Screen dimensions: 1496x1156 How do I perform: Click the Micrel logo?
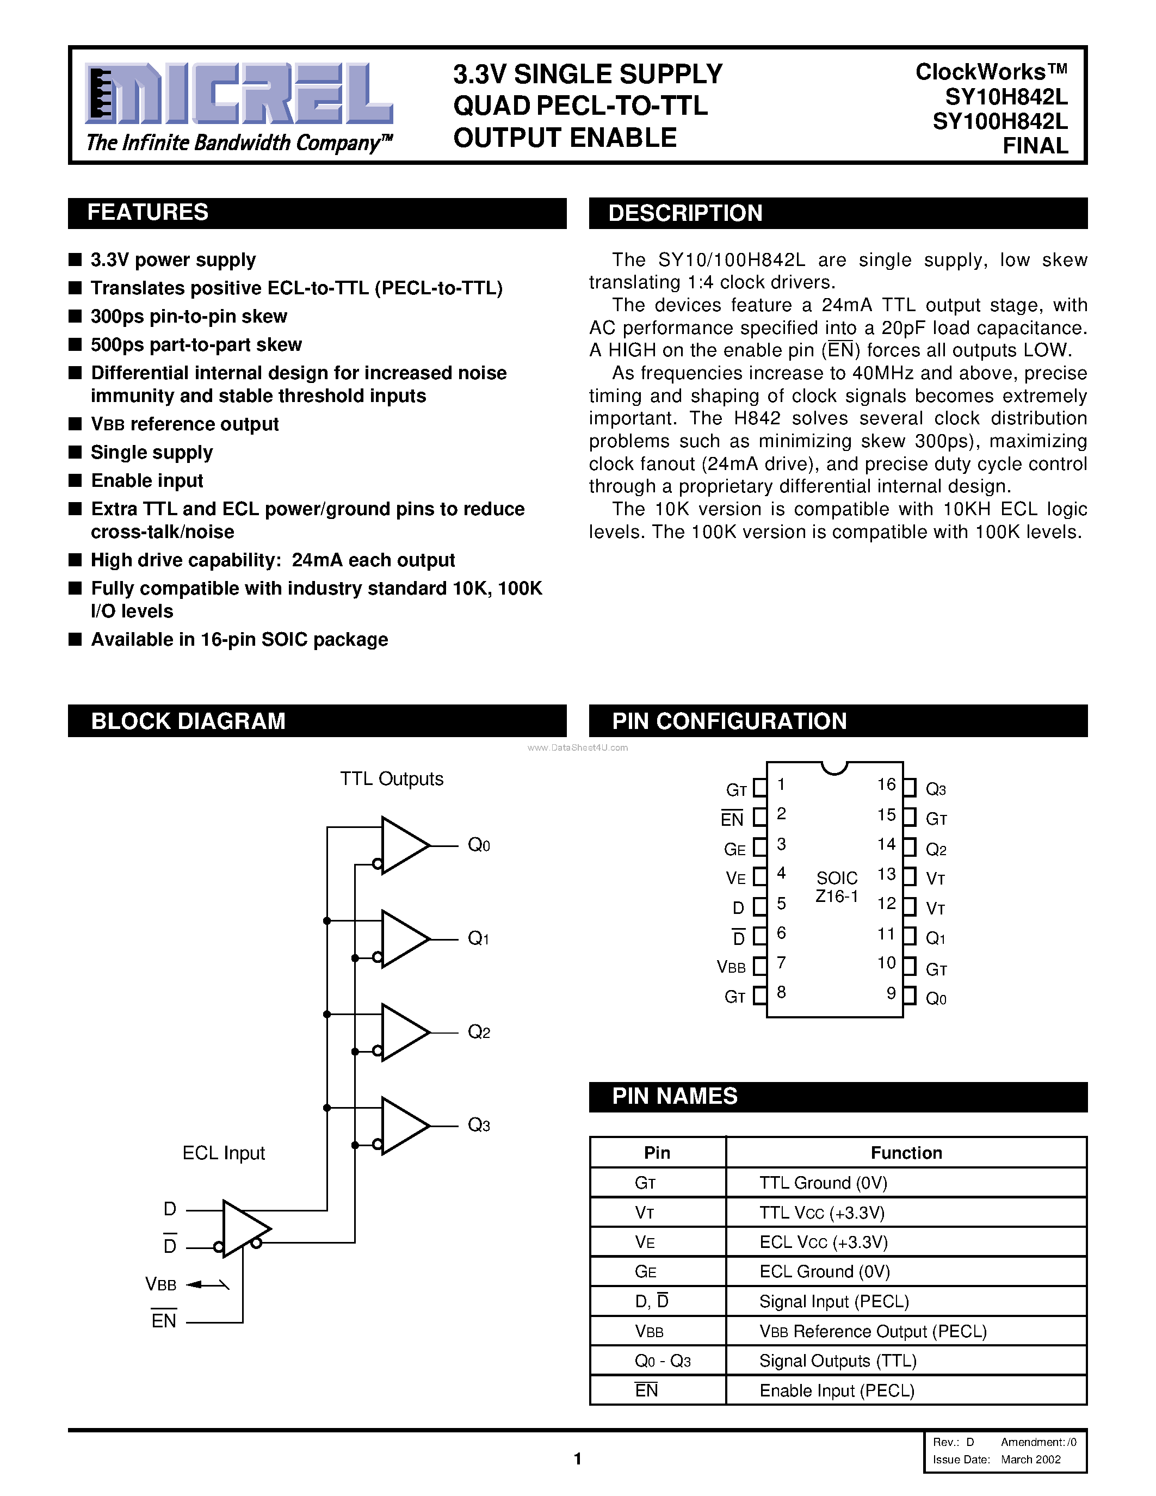pyautogui.click(x=238, y=94)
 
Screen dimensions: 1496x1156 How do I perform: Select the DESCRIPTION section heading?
pyautogui.click(x=685, y=213)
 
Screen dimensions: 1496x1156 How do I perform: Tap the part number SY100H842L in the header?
pyautogui.click(x=1000, y=121)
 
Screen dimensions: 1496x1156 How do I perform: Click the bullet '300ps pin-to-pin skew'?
pyautogui.click(x=189, y=317)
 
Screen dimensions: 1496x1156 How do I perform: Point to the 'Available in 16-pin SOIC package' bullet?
pyautogui.click(x=239, y=639)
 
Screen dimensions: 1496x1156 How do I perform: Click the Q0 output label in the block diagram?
pyautogui.click(x=478, y=845)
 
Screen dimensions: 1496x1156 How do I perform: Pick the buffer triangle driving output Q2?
pyautogui.click(x=404, y=1033)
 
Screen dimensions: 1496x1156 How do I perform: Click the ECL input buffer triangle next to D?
pyautogui.click(x=244, y=1228)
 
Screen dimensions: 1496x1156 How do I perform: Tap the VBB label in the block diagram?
pyautogui.click(x=161, y=1284)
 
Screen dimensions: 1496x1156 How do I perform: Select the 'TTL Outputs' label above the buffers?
pyautogui.click(x=392, y=779)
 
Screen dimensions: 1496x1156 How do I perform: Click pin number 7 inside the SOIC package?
pyautogui.click(x=781, y=962)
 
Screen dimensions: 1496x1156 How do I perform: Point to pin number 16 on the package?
pyautogui.click(x=886, y=784)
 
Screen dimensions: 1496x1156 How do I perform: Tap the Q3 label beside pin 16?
pyautogui.click(x=936, y=789)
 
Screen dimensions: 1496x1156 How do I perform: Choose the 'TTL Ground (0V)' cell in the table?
pyautogui.click(x=823, y=1183)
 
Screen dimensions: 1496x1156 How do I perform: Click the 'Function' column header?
pyautogui.click(x=906, y=1153)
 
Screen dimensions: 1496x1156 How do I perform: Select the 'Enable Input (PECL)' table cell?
pyautogui.click(x=837, y=1390)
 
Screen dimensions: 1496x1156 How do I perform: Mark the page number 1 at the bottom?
pyautogui.click(x=577, y=1459)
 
